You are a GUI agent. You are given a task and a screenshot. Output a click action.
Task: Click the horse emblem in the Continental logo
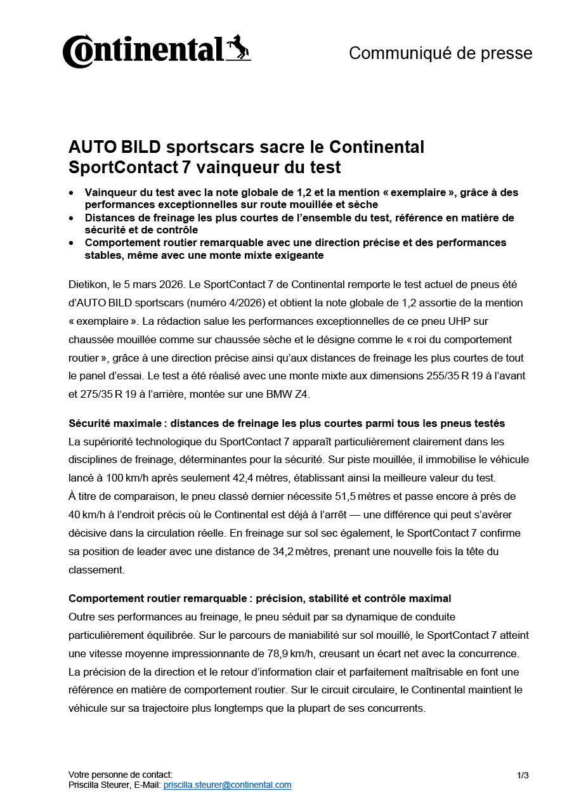click(238, 48)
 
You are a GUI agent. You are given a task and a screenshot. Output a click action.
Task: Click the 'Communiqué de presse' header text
click(440, 53)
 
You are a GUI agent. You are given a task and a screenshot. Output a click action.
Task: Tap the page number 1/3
click(523, 775)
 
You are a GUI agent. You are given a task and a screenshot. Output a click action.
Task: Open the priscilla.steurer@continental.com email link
click(227, 785)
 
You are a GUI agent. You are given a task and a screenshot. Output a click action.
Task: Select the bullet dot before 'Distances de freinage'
click(72, 218)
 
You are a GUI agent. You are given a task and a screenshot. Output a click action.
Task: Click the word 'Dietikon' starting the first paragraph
click(88, 285)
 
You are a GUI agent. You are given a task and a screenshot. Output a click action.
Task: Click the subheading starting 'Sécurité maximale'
click(286, 423)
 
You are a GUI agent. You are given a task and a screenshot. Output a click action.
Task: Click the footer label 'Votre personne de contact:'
click(121, 775)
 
